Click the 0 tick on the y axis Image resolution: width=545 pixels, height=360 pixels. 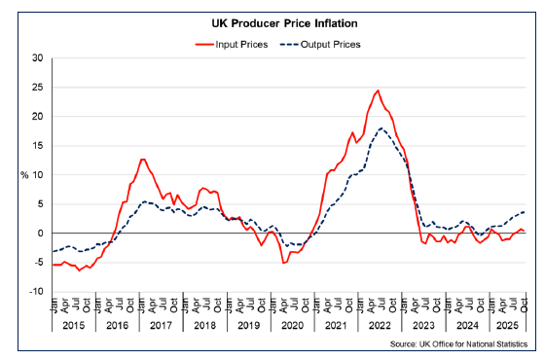[x=40, y=234]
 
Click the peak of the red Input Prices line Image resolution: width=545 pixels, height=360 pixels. [x=378, y=90]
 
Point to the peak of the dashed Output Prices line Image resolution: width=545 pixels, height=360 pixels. [x=382, y=128]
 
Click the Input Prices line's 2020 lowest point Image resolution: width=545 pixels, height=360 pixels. [x=283, y=263]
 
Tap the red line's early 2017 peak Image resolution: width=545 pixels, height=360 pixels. [x=142, y=159]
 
